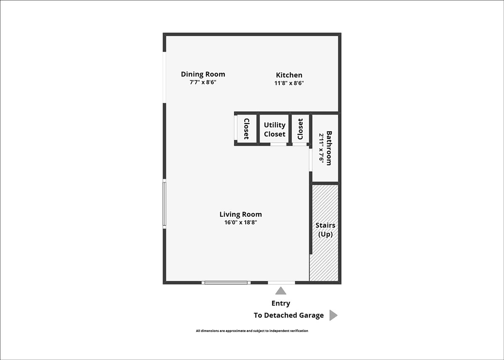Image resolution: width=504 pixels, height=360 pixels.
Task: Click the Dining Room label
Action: pyautogui.click(x=203, y=74)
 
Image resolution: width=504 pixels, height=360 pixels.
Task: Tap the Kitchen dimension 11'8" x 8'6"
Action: pyautogui.click(x=289, y=83)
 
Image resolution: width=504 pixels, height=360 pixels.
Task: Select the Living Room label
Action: pyautogui.click(x=241, y=214)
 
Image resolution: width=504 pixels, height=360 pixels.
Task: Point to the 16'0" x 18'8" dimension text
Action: pyautogui.click(x=241, y=223)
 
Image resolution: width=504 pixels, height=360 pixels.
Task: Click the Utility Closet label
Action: pyautogui.click(x=275, y=129)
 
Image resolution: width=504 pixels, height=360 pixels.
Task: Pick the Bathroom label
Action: pyautogui.click(x=329, y=148)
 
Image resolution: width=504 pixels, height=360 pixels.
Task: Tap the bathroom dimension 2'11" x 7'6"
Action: pyautogui.click(x=321, y=148)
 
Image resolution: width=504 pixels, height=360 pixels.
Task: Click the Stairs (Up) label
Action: pyautogui.click(x=325, y=230)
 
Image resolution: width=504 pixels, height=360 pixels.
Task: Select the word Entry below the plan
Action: pyautogui.click(x=281, y=303)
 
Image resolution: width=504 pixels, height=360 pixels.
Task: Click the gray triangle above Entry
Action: pyautogui.click(x=281, y=291)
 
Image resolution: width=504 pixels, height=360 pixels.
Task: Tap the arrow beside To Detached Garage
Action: pyautogui.click(x=333, y=315)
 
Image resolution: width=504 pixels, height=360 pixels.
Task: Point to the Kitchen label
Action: pyautogui.click(x=289, y=75)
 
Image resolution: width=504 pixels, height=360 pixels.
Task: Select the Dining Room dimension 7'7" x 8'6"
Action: pyautogui.click(x=203, y=82)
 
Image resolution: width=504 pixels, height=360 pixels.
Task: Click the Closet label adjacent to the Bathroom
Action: pyautogui.click(x=300, y=129)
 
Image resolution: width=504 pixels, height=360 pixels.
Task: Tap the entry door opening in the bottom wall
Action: pyautogui.click(x=281, y=283)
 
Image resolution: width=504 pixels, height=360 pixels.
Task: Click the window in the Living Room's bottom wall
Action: pyautogui.click(x=226, y=283)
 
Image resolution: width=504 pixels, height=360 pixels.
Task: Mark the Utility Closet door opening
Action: pyautogui.click(x=278, y=144)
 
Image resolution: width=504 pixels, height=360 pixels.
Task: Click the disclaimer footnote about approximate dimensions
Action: pyautogui.click(x=252, y=331)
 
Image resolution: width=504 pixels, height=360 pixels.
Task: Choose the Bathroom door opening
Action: pyautogui.click(x=310, y=160)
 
